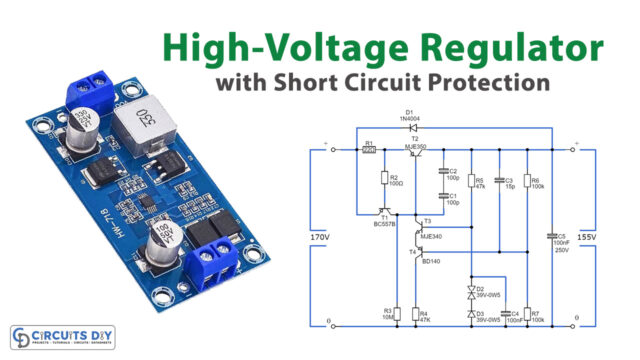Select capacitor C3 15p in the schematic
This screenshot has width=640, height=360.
tap(498, 182)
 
